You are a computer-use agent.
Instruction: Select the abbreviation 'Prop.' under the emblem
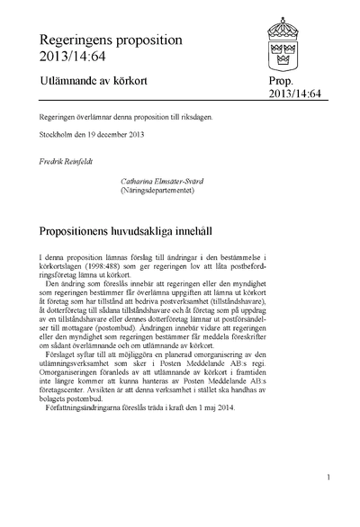282,82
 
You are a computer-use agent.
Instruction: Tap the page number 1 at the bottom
329,478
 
